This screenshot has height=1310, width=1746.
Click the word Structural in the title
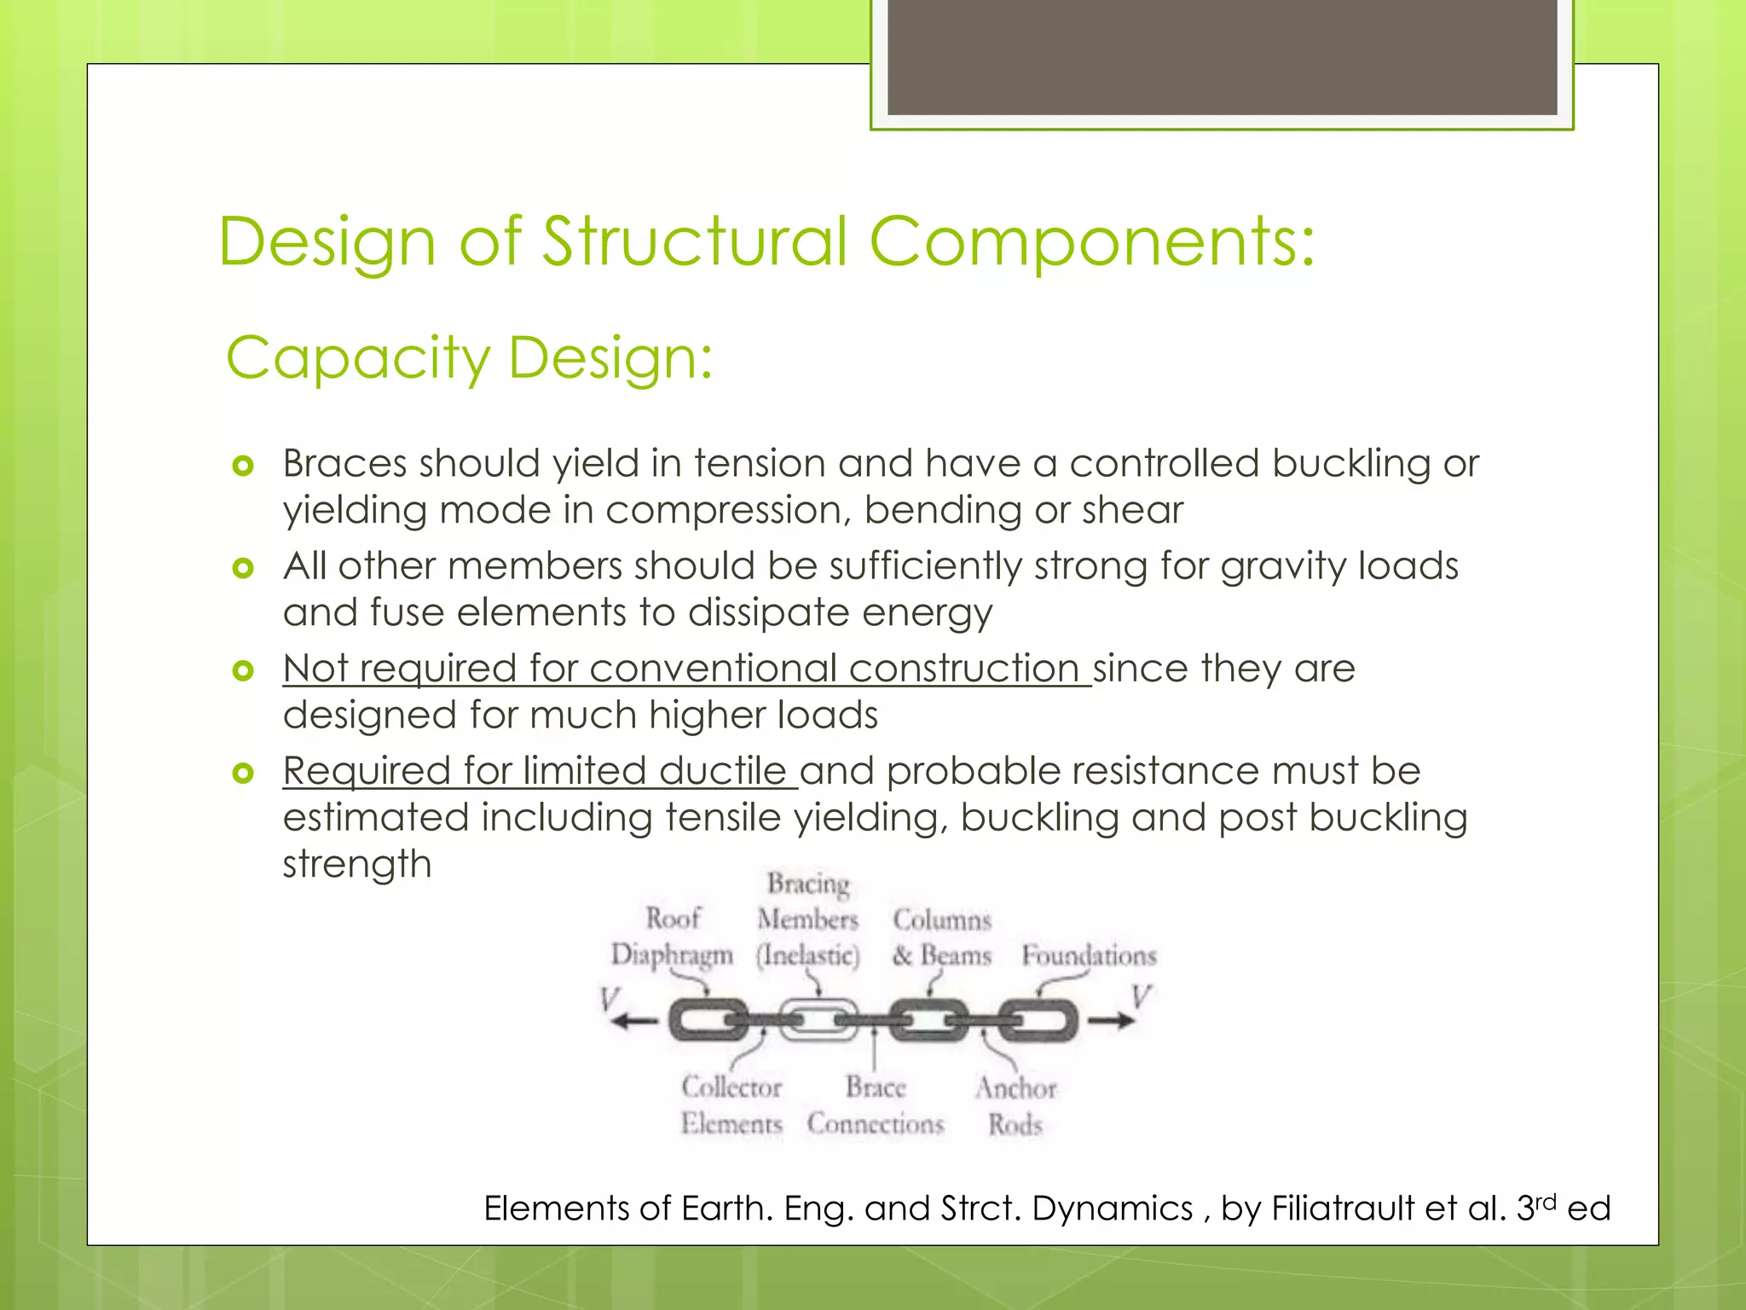pyautogui.click(x=695, y=241)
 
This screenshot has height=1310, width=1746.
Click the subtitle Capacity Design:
pyautogui.click(x=469, y=357)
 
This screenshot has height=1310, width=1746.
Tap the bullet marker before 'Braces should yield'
pyautogui.click(x=243, y=466)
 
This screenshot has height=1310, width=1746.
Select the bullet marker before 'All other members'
pyautogui.click(x=243, y=568)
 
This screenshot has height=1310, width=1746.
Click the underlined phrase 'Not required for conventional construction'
pyautogui.click(x=685, y=669)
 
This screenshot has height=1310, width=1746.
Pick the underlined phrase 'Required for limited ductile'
pyautogui.click(x=539, y=771)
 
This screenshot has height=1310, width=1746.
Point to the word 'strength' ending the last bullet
pyautogui.click(x=357, y=864)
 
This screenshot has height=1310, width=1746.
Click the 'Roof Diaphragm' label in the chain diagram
pyautogui.click(x=672, y=936)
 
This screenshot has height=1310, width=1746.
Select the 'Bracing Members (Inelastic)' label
pyautogui.click(x=807, y=919)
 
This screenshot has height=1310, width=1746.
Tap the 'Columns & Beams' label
pyautogui.click(x=942, y=937)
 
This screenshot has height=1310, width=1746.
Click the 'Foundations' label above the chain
pyautogui.click(x=1089, y=955)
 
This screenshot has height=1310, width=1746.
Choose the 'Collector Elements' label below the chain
pyautogui.click(x=731, y=1105)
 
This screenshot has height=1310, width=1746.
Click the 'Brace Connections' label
pyautogui.click(x=876, y=1105)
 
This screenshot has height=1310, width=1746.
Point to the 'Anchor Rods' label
pyautogui.click(x=1015, y=1106)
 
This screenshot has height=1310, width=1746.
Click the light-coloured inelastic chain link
pyautogui.click(x=818, y=1020)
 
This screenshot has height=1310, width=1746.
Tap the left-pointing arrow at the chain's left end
pyautogui.click(x=634, y=1021)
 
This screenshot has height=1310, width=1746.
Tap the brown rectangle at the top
pyautogui.click(x=1222, y=56)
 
